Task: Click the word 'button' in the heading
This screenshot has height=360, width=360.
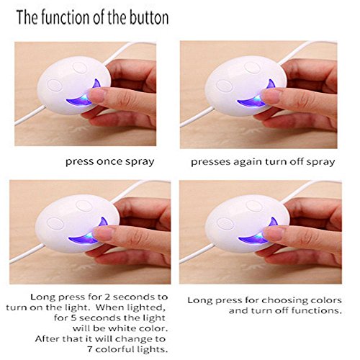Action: (x=149, y=17)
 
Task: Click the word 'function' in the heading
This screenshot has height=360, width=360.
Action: (x=61, y=17)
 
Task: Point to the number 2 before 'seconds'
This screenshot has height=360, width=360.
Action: (x=107, y=297)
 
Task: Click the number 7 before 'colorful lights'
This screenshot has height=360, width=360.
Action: (x=90, y=349)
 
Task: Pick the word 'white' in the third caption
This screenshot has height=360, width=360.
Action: (x=119, y=328)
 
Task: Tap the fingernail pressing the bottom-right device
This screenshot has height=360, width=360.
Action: (x=271, y=233)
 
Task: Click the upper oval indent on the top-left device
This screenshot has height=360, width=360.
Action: (x=80, y=68)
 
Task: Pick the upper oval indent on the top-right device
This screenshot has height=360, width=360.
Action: (x=253, y=68)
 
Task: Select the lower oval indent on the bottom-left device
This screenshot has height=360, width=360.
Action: (x=55, y=224)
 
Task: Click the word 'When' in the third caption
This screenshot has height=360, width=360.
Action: (x=109, y=307)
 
